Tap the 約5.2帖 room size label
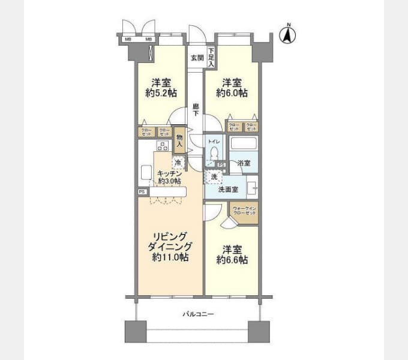[x=161, y=93]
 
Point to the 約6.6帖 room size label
[x=232, y=260]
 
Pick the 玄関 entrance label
[x=197, y=58]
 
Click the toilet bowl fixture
[x=214, y=154]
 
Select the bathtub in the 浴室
[x=244, y=145]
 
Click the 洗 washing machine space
[x=214, y=177]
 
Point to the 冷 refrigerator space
[x=178, y=162]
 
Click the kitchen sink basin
[x=146, y=172]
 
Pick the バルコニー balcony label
[x=198, y=314]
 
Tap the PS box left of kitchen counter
[x=142, y=192]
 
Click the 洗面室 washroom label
[x=227, y=190]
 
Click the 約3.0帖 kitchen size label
[x=170, y=181]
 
